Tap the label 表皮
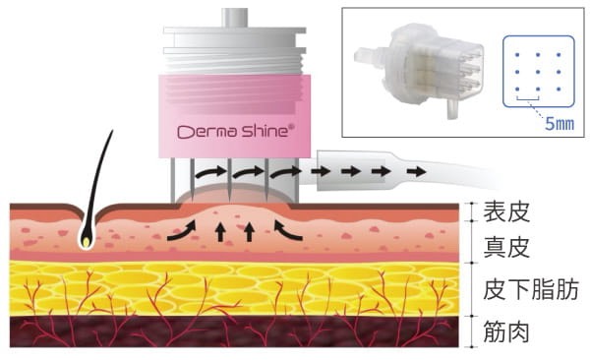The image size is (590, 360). pyautogui.click(x=506, y=211)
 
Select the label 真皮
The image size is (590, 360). pyautogui.click(x=506, y=248)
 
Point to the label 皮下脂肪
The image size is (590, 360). pyautogui.click(x=531, y=289)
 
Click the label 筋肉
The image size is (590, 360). pyautogui.click(x=506, y=331)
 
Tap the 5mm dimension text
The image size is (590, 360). pyautogui.click(x=560, y=124)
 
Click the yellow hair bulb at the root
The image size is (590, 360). pyautogui.click(x=87, y=242)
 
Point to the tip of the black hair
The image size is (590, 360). pyautogui.click(x=112, y=131)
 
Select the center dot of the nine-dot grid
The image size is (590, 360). pyautogui.click(x=538, y=72)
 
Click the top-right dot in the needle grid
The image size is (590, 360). pyautogui.click(x=559, y=55)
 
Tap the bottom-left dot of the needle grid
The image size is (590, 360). pyautogui.click(x=517, y=90)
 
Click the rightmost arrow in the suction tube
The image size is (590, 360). pyautogui.click(x=416, y=172)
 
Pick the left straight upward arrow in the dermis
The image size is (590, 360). pyautogui.click(x=221, y=231)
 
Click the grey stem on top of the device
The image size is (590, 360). pyautogui.click(x=234, y=18)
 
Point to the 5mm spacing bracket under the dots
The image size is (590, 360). pyautogui.click(x=527, y=99)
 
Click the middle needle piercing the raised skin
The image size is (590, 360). pyautogui.click(x=229, y=178)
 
